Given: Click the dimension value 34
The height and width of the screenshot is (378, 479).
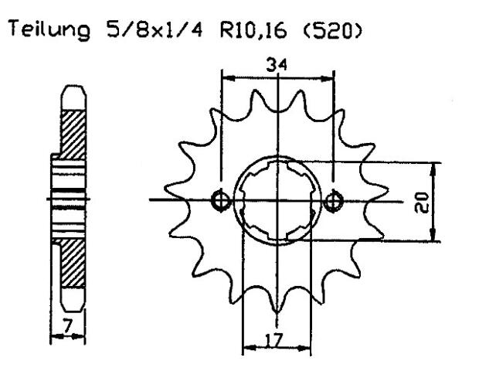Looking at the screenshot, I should (276, 67).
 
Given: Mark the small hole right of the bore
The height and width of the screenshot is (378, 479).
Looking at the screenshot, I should (333, 201).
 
